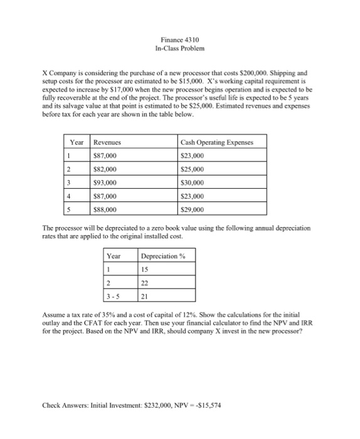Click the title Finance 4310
point(180,39)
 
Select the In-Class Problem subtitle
point(180,48)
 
